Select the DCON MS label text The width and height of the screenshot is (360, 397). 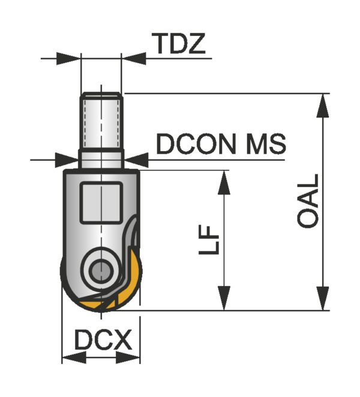tap(221, 144)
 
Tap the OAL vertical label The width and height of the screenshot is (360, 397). tap(308, 200)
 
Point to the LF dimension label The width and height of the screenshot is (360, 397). tap(209, 240)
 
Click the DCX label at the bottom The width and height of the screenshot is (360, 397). tap(103, 340)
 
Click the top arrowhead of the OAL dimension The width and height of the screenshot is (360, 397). tap(323, 106)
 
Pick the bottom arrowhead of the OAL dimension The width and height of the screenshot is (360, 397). tap(323, 298)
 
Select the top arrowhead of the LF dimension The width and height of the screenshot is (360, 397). tap(224, 182)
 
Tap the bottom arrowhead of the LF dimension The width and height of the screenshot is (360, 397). tap(224, 298)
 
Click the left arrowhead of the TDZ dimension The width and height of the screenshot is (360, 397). tap(68, 59)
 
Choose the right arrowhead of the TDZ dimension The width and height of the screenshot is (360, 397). tap(134, 59)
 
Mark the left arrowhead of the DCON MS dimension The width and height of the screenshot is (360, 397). tap(67, 160)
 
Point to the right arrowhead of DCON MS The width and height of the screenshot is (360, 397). tap(136, 160)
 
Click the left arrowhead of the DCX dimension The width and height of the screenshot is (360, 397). tap(74, 358)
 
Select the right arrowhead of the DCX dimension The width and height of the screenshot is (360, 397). tap(128, 358)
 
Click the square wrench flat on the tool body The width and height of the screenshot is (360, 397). tap(101, 203)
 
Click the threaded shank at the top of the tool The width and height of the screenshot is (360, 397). tap(101, 121)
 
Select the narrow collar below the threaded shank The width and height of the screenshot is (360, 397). tap(101, 160)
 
